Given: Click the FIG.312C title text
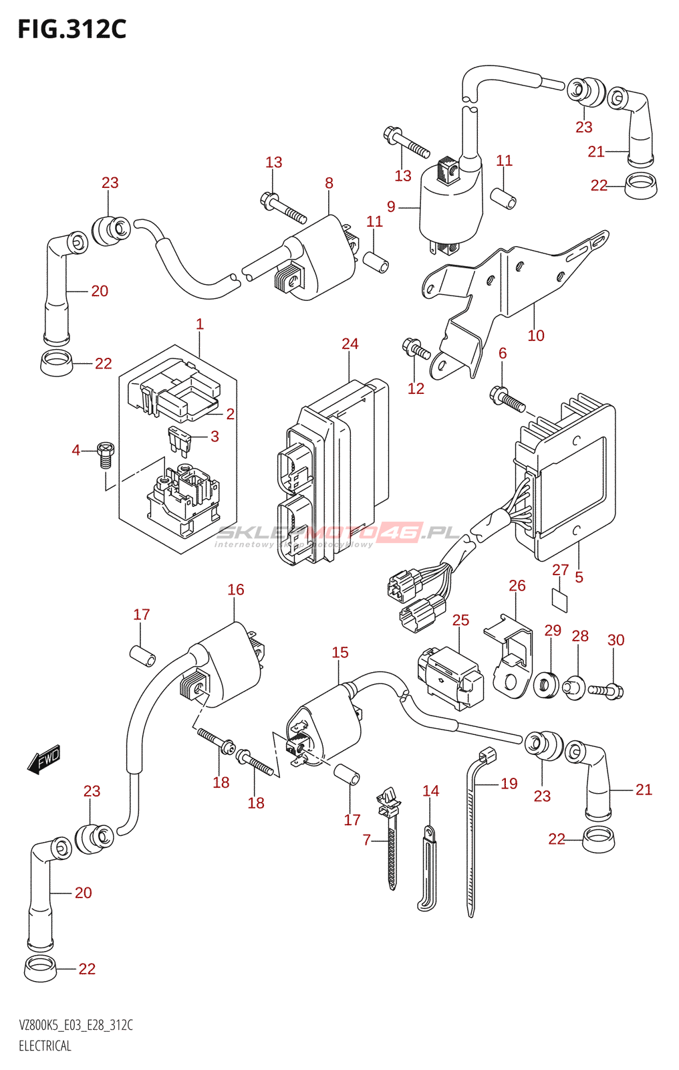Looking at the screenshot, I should coord(72,29).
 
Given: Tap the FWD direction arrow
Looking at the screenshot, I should coord(45,760).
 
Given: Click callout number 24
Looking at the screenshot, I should coord(350,344).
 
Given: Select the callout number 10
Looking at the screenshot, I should coord(536,335).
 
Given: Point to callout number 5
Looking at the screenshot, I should coord(579,576).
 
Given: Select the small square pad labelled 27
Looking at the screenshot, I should coord(561,600).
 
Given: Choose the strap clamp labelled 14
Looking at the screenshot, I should coord(428,869).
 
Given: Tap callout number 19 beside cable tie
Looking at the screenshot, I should coord(509,783).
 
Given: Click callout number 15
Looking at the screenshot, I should coord(339,652).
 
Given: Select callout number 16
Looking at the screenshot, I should coord(235,589).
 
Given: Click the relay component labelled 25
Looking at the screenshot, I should coord(450,677).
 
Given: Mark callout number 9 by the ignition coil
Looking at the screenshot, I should coord(391,207).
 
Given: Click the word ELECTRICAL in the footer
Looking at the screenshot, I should coord(45,1046).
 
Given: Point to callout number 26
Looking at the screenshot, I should coord(517,585).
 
